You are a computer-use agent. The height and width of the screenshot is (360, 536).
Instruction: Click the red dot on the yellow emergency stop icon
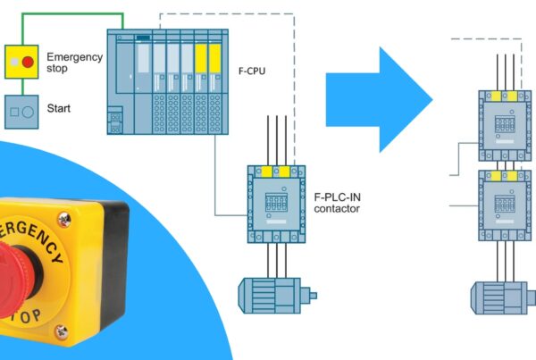tap(29, 61)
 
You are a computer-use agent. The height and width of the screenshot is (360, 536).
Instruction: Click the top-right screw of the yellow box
tap(63, 218)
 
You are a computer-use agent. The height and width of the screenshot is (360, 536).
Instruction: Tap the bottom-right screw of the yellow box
tap(62, 331)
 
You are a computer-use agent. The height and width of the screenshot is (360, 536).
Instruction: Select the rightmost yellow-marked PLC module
tap(215, 80)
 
